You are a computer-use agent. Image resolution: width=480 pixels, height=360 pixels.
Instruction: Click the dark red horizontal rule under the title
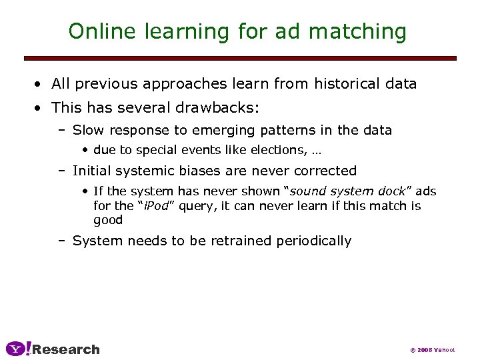(x=240, y=59)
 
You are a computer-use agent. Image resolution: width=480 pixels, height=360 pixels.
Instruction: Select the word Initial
(x=91, y=171)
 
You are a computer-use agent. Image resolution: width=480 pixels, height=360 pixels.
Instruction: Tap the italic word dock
(x=390, y=191)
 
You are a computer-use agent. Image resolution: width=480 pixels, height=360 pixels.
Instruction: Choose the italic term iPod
(x=157, y=206)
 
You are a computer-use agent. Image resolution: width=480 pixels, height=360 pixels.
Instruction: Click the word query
(x=195, y=206)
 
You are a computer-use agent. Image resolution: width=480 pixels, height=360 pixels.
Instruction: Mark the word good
(x=108, y=220)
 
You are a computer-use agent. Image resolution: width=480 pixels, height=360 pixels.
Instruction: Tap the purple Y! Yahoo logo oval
(x=18, y=349)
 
